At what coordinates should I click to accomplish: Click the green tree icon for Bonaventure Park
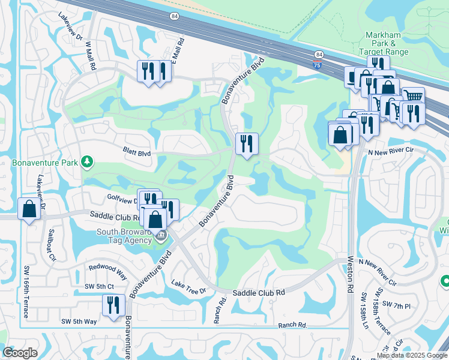tap(87, 161)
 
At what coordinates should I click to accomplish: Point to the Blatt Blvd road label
tap(136, 154)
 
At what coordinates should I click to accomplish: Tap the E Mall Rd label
tap(178, 50)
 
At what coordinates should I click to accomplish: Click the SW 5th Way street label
tap(80, 322)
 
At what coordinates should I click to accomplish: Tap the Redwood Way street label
tap(107, 271)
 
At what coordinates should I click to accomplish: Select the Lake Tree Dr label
tap(188, 287)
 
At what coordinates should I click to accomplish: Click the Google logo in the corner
tap(20, 352)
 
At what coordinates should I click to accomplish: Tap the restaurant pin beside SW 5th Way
tap(113, 306)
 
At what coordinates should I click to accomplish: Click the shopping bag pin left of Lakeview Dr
tap(29, 209)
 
